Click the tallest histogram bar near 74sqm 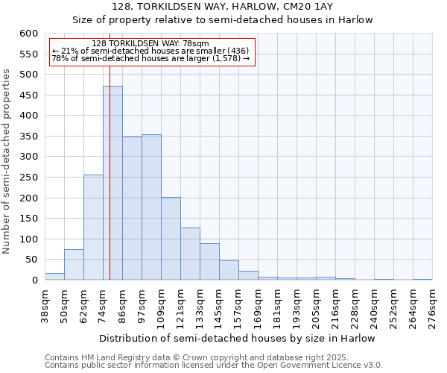point(112,183)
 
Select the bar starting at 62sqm point(93,228)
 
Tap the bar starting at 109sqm point(171,239)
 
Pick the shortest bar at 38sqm point(54,276)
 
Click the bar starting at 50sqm point(74,265)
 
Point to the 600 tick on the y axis point(29,34)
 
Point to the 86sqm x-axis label point(122,306)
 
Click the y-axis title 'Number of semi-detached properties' point(7,161)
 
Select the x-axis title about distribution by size point(238,338)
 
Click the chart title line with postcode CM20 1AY point(223,7)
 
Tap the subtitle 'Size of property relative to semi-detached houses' point(223,20)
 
